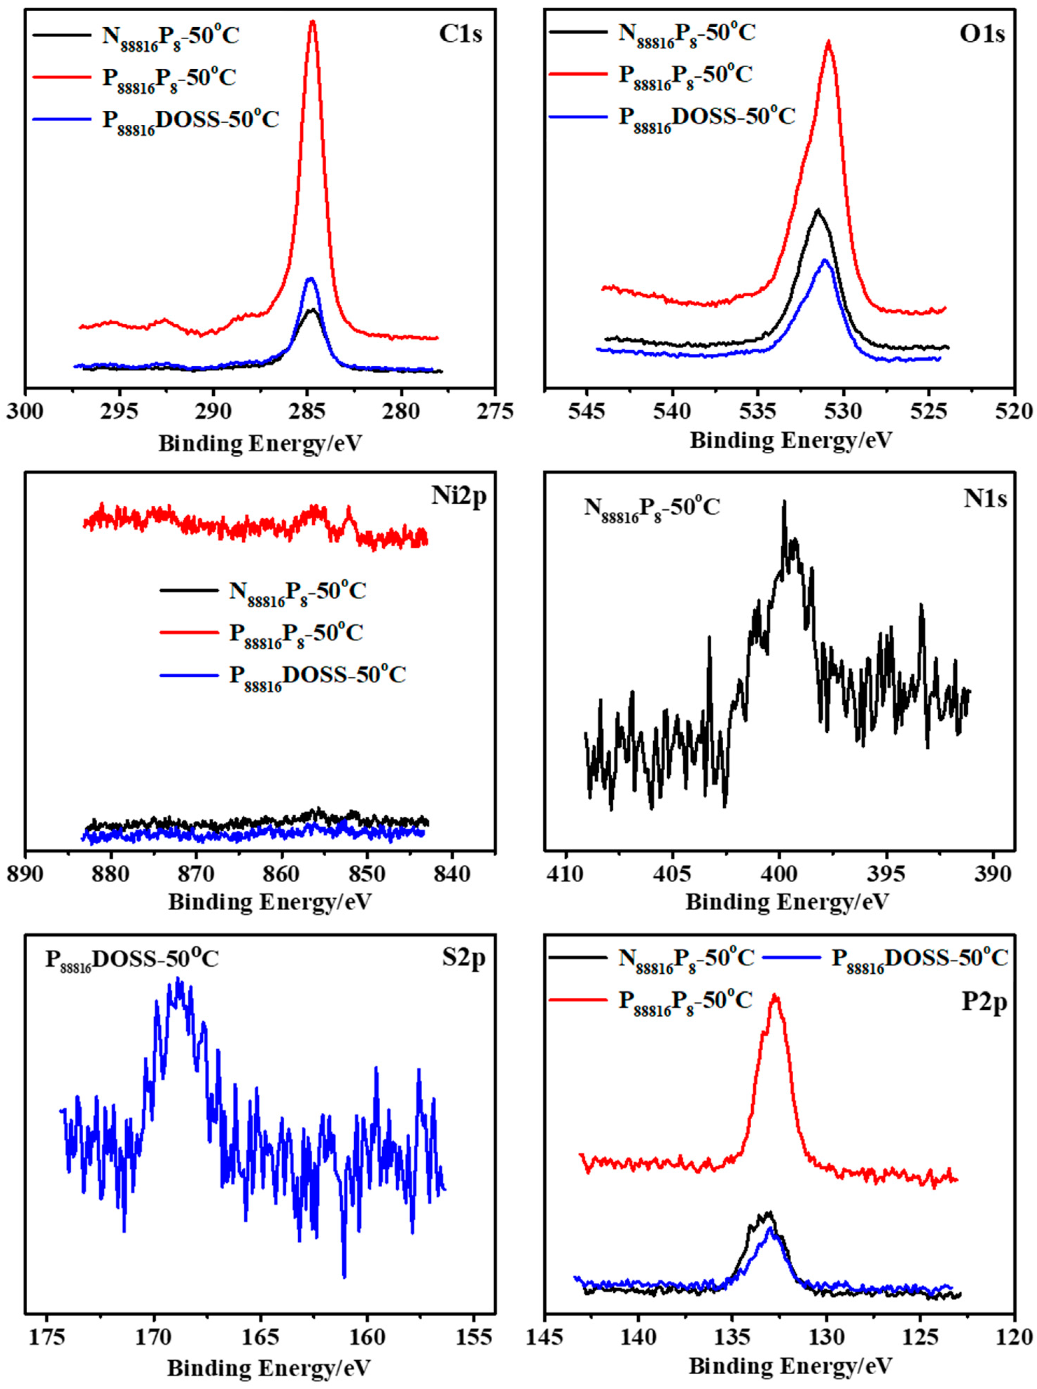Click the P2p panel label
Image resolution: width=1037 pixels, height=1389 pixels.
[x=984, y=1003]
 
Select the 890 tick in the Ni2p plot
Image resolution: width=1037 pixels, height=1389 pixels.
[x=26, y=874]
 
